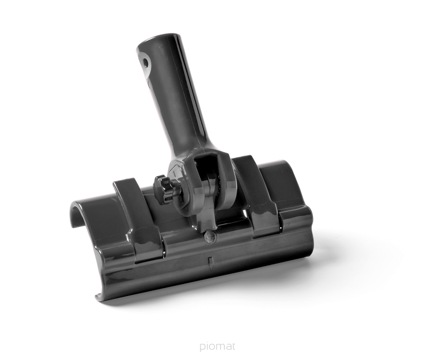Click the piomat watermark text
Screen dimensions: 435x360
point(217,346)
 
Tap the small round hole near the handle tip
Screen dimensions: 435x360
point(145,62)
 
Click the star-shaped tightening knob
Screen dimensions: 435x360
point(164,188)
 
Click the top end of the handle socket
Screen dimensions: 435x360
point(157,41)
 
